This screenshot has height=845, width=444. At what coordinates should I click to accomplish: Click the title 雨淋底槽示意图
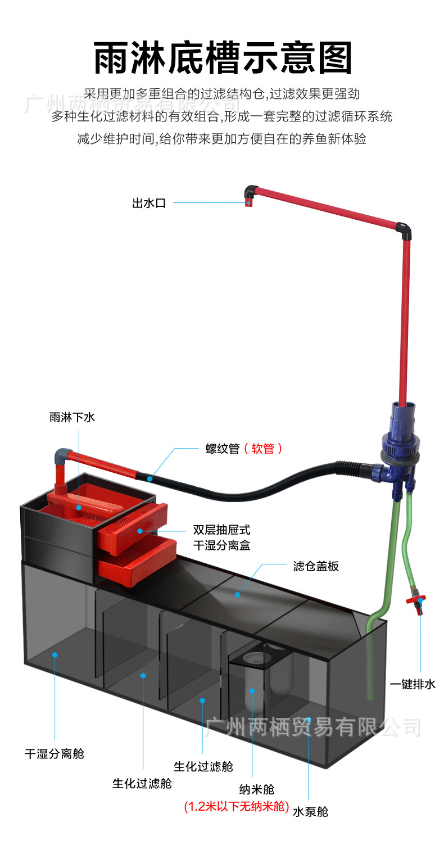point(223,58)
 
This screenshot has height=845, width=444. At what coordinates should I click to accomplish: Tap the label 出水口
point(149,204)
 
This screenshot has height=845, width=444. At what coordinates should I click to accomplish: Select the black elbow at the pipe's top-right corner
point(403,229)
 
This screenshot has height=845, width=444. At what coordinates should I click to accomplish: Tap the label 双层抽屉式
point(221,530)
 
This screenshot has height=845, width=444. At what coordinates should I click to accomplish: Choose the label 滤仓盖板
point(316,566)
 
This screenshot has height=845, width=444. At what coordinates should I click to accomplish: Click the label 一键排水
point(413,684)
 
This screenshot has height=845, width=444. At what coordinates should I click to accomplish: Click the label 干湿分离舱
point(54,753)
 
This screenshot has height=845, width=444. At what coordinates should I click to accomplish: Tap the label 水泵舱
point(310,811)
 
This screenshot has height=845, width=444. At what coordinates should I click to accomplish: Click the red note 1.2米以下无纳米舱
point(237,807)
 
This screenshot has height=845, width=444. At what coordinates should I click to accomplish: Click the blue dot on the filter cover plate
point(237,594)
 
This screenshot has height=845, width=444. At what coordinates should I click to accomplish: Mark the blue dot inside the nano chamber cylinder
point(252,690)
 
